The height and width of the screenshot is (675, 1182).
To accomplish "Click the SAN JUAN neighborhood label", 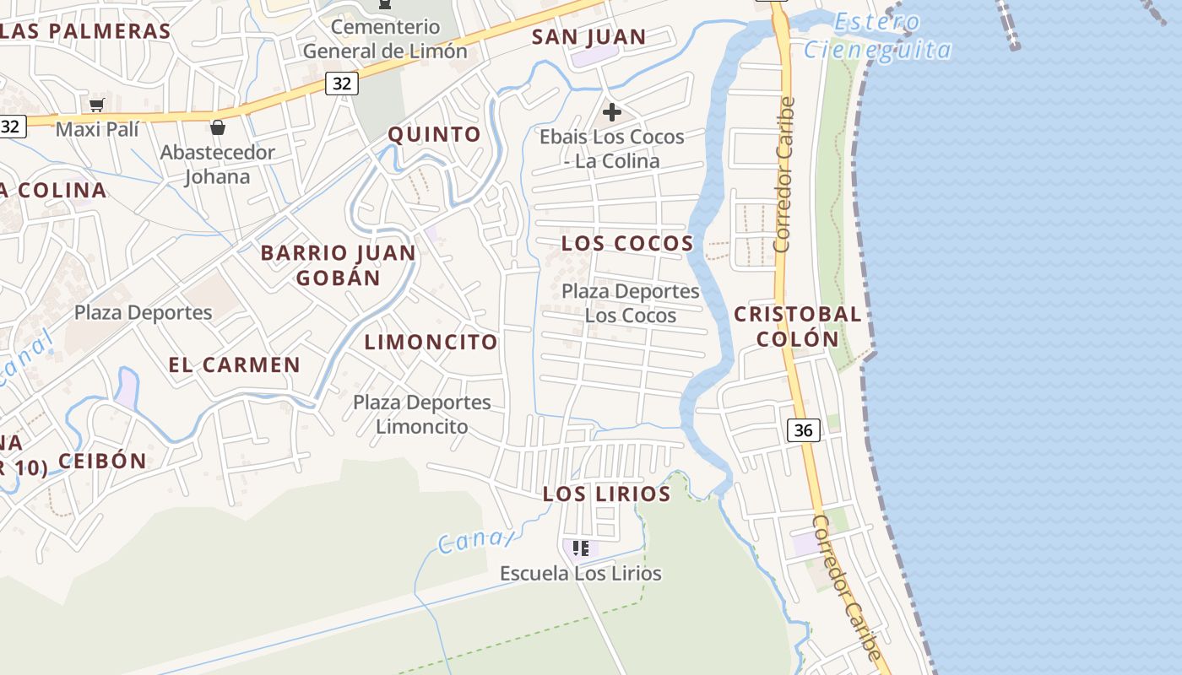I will [588, 37].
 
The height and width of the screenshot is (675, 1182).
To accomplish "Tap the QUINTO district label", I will [434, 134].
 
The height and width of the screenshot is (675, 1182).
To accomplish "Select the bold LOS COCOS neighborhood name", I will [627, 244].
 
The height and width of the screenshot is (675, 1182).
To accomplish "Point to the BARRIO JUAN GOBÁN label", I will [338, 265].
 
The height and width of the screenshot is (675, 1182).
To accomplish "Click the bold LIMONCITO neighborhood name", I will [431, 342].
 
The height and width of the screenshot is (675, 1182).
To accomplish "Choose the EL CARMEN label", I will [234, 365].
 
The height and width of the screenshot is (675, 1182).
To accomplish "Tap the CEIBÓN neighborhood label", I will [102, 461].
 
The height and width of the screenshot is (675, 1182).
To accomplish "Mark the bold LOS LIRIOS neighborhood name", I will [606, 494].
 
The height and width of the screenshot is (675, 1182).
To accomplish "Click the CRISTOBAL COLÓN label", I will [797, 327].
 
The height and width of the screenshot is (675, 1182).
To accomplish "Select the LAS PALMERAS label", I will [84, 32].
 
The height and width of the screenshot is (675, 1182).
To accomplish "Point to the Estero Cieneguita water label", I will [878, 36].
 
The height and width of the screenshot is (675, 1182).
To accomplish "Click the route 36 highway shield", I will [803, 430].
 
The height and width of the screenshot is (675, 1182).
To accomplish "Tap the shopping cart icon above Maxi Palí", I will [96, 105].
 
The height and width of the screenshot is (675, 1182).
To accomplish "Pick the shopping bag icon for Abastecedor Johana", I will [218, 127].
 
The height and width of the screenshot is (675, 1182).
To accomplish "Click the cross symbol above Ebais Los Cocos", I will [612, 112].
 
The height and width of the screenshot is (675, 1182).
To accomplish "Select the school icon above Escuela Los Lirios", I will [581, 548].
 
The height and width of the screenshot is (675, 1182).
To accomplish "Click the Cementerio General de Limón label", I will [385, 39].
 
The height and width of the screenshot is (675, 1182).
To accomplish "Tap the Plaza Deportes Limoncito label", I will [421, 414].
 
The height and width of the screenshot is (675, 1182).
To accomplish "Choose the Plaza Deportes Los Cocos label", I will [631, 303].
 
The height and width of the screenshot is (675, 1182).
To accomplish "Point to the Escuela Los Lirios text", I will [580, 574].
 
